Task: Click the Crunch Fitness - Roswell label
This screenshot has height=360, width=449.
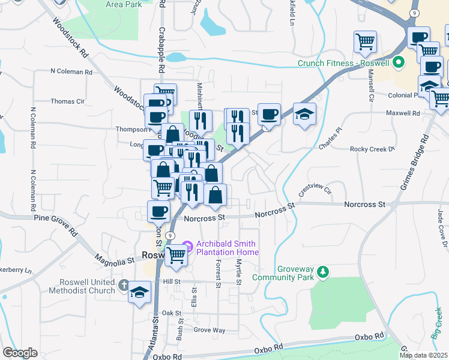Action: [x=345, y=62]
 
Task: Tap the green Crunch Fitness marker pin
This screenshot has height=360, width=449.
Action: [x=398, y=62]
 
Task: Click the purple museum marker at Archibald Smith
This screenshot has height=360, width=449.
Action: [x=187, y=245]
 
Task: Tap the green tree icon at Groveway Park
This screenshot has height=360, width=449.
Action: [x=323, y=272]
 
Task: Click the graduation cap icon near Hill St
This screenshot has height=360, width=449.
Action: [x=139, y=292]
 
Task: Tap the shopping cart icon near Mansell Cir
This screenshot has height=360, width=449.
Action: [x=364, y=41]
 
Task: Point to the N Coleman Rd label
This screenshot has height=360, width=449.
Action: [x=71, y=72]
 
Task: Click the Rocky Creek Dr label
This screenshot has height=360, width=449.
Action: [x=373, y=149]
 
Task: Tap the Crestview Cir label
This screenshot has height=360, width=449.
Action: [x=315, y=190]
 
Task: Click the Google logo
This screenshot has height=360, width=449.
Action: [x=19, y=353]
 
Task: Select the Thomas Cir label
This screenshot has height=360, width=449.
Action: [x=67, y=101]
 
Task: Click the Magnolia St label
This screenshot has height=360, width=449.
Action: [x=113, y=260]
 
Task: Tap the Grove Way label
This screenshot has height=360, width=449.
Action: [x=209, y=330]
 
